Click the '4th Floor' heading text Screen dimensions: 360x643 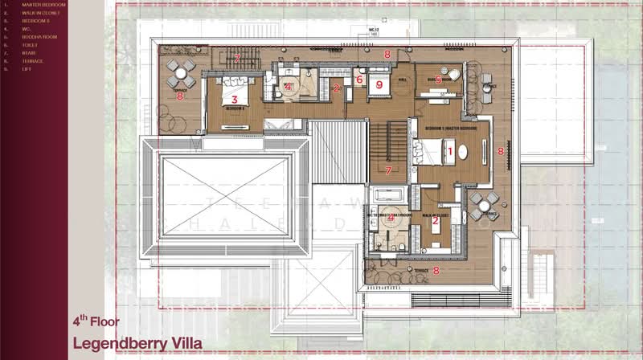[96, 321]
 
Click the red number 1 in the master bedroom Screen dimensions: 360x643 [450, 150]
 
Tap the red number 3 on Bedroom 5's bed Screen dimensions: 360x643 [235, 100]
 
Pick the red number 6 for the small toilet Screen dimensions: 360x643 [359, 80]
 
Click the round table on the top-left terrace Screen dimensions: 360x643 [181, 70]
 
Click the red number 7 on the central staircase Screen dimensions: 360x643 [388, 170]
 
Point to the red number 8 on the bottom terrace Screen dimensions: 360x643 [436, 271]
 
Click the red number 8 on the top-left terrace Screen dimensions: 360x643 [180, 96]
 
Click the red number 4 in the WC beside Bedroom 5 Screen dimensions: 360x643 [286, 86]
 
